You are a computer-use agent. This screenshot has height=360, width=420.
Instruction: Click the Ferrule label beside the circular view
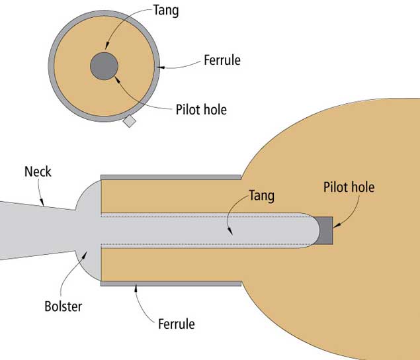tap(222, 61)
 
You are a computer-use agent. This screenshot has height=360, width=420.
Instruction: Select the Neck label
tap(38, 172)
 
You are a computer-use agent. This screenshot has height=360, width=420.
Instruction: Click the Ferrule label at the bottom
tap(177, 324)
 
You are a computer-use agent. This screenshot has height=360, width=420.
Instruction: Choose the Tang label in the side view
tap(261, 196)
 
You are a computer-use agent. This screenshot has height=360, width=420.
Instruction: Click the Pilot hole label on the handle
tap(349, 187)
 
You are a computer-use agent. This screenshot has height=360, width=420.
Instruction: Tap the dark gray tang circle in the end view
tap(105, 66)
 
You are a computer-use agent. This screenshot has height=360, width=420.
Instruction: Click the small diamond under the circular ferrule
tap(130, 121)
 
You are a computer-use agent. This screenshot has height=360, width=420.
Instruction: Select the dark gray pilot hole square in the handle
tap(325, 230)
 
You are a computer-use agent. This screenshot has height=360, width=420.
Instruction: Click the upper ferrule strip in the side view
tap(171, 177)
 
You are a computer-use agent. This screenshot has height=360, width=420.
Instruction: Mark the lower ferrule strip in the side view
tap(171, 283)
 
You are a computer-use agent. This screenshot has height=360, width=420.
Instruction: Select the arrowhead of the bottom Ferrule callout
tap(135, 285)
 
